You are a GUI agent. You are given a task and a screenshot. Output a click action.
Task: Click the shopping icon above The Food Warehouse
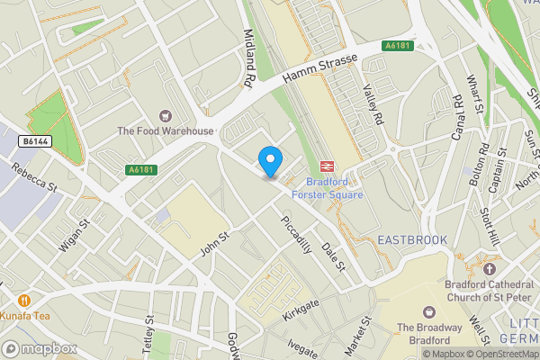165,115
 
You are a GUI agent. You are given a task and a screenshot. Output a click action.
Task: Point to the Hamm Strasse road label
319,71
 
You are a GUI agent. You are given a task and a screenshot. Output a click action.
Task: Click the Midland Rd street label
247,58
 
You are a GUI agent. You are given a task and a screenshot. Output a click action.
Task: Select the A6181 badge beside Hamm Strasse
400,45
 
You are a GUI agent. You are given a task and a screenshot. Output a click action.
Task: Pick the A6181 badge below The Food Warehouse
140,169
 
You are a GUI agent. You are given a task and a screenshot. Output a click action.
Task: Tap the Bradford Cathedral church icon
490,268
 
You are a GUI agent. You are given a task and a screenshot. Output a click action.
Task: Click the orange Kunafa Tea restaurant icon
23,300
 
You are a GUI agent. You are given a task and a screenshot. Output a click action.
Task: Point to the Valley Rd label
372,104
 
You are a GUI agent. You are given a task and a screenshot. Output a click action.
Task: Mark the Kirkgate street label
301,307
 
